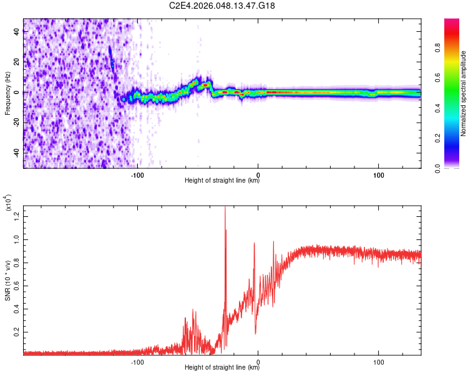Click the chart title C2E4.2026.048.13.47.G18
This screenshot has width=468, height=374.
(x=222, y=6)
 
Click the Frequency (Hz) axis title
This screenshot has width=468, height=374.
(x=7, y=93)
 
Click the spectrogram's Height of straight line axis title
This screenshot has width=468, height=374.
(x=222, y=181)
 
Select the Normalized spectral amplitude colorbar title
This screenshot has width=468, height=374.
(x=464, y=93)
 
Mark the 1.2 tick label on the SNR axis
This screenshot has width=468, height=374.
(x=17, y=216)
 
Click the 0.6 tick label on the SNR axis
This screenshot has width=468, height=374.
(x=17, y=285)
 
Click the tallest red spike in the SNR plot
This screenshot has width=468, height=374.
(x=225, y=209)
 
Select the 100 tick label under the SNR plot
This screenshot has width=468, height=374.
(x=378, y=361)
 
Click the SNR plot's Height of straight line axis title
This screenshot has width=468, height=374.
(x=222, y=368)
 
